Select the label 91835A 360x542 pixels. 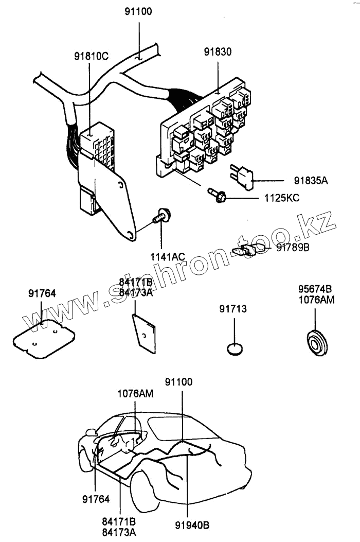click(x=311, y=181)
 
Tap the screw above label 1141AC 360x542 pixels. click(x=161, y=217)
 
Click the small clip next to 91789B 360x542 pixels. click(x=244, y=251)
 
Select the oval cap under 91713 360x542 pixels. click(x=235, y=349)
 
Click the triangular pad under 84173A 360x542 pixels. click(x=143, y=332)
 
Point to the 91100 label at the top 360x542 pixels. click(x=138, y=11)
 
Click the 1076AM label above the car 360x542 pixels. click(x=135, y=394)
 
